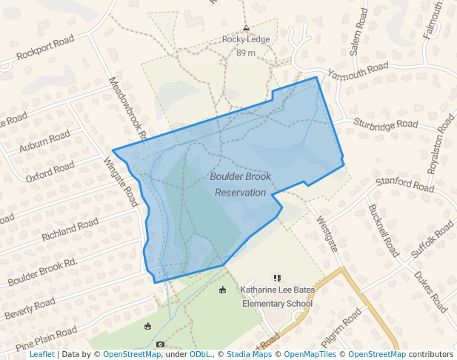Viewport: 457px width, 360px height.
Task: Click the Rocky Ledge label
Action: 244,41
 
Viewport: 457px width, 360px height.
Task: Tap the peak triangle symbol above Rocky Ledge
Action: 245,27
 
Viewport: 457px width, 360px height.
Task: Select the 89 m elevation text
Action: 245,53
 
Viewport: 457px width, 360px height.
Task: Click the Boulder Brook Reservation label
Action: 240,184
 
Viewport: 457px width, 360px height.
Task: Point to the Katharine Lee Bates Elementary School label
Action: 278,296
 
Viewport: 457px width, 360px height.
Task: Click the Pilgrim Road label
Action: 340,328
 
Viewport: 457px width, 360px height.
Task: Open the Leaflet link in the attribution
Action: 41,355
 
